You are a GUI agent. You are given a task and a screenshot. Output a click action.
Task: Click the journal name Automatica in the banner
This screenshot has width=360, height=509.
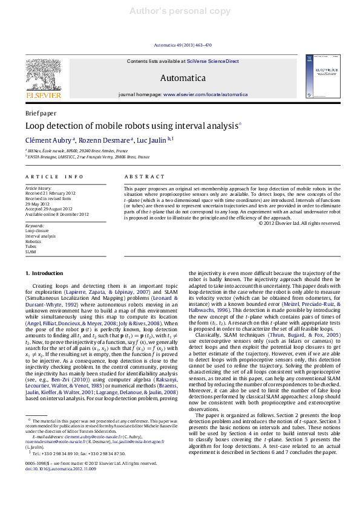pos(182,78)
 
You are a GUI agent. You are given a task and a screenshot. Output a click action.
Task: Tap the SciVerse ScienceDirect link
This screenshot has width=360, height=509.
pos(212,61)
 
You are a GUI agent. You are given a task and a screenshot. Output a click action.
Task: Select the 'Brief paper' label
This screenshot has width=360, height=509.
pos(41,113)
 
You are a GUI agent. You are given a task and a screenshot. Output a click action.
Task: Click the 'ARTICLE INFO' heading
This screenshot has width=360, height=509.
pos(54,177)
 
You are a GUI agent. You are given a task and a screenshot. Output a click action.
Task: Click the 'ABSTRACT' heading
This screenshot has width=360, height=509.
pos(144,177)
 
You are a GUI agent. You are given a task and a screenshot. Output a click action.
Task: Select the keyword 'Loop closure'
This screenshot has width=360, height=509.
pos(37,230)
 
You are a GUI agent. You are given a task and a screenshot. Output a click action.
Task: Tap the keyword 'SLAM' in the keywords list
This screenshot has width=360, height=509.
pos(30,251)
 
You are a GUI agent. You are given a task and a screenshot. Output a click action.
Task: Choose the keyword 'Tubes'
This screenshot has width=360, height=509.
pos(31,246)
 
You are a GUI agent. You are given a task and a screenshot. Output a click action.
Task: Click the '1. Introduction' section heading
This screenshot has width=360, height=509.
pos(44,274)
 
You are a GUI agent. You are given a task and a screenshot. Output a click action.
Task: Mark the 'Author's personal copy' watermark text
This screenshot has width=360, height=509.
pos(180,11)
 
